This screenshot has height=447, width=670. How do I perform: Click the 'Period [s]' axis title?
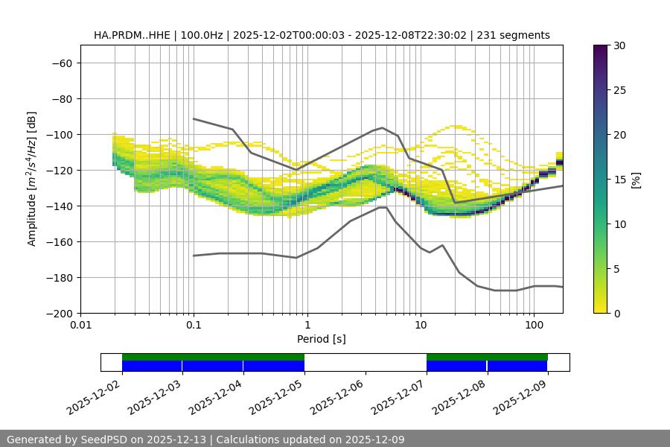[322, 340]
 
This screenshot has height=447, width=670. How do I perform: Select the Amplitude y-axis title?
[32, 179]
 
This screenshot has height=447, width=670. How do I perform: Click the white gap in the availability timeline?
[365, 362]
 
